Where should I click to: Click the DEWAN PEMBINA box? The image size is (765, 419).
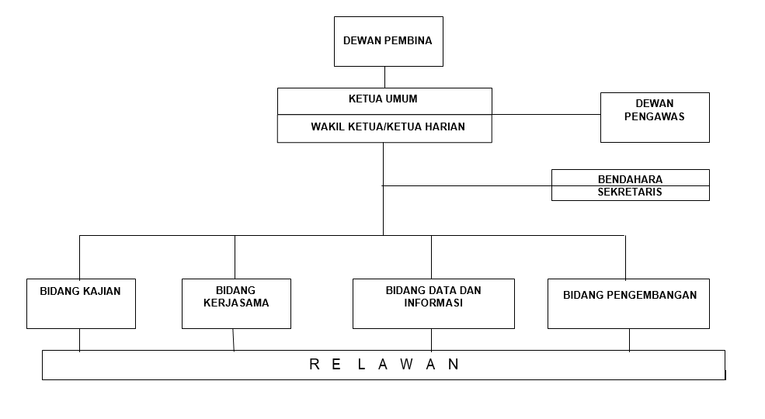(388, 41)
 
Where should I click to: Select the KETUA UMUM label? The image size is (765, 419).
(384, 99)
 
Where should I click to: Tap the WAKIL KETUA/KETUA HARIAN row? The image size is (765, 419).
(388, 126)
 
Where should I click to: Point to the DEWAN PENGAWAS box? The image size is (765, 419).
(654, 117)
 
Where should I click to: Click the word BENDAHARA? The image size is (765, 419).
(630, 178)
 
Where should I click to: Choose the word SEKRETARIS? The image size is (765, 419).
(630, 192)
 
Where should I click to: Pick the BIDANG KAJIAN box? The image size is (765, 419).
(81, 303)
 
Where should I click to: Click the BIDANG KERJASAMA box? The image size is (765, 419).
(236, 303)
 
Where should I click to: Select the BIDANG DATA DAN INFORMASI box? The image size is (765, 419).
(433, 303)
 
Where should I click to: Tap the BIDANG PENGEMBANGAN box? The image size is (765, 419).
(628, 303)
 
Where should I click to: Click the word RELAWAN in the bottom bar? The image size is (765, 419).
(384, 364)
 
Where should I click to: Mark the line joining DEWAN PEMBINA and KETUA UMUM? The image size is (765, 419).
(384, 77)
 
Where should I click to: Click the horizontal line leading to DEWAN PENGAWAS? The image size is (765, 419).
(546, 115)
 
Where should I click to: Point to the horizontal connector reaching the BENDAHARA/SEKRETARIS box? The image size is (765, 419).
(466, 185)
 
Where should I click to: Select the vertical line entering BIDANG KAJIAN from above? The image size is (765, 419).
(79, 257)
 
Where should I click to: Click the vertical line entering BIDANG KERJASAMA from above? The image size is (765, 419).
(235, 257)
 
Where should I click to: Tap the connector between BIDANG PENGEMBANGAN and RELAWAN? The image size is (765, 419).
(629, 340)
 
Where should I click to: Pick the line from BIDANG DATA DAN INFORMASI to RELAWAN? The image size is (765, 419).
(432, 339)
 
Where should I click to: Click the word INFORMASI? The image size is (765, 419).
(433, 303)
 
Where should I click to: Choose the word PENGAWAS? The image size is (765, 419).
(654, 117)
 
